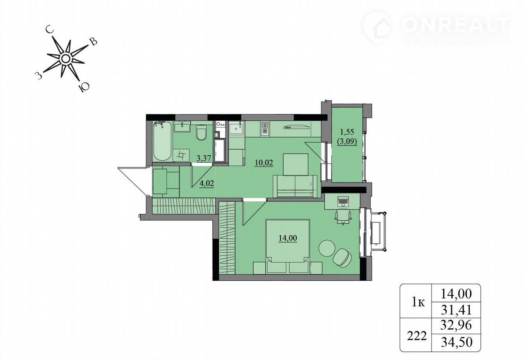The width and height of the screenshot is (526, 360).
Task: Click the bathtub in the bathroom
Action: click(x=162, y=141)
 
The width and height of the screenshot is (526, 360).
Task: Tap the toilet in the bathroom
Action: click(x=201, y=132)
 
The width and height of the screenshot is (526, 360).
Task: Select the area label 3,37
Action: click(x=204, y=158)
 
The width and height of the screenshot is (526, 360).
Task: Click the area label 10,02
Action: click(x=264, y=162)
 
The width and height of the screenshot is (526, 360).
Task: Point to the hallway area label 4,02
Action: click(x=207, y=183)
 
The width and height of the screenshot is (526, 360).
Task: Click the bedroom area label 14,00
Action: click(x=288, y=238)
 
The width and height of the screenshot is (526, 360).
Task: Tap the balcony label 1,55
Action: click(x=347, y=132)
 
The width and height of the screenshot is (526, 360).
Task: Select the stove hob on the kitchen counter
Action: click(x=265, y=129)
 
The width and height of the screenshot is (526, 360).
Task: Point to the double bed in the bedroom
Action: click(x=288, y=247)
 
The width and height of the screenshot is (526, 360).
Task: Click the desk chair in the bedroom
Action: click(x=343, y=217)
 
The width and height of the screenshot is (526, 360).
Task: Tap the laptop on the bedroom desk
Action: click(x=343, y=201)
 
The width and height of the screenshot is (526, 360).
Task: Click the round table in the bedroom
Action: click(x=327, y=248)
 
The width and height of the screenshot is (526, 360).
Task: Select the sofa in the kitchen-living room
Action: click(x=295, y=187)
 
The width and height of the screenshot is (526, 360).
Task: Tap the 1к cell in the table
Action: click(x=418, y=303)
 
